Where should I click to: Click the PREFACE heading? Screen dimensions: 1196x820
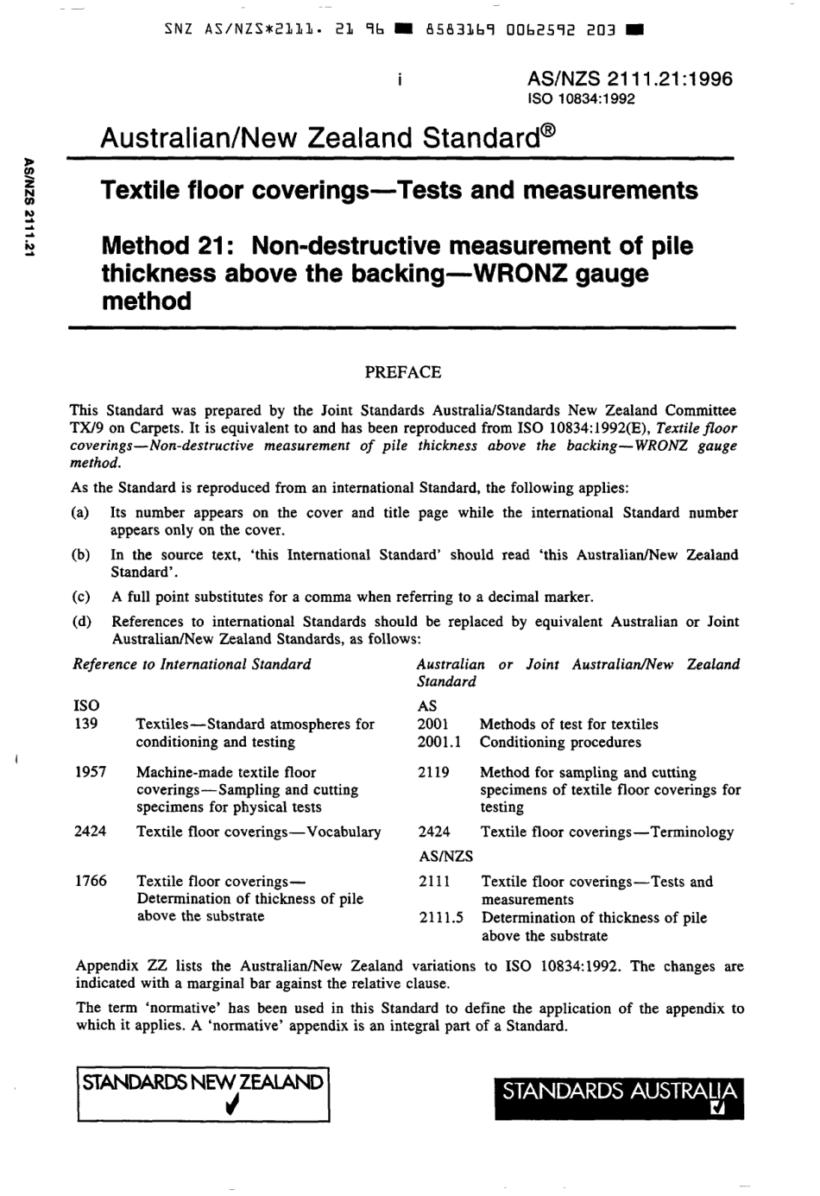click(402, 372)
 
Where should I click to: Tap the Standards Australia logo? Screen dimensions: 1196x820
click(619, 1098)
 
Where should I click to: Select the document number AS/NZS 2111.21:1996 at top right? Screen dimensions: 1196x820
click(629, 79)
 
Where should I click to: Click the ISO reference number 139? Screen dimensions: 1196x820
click(86, 724)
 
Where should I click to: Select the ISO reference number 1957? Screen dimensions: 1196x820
click(91, 772)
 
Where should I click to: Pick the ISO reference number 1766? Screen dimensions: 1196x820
click(91, 881)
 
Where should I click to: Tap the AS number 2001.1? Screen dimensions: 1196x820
click(438, 742)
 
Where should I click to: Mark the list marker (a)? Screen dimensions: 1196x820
click(79, 513)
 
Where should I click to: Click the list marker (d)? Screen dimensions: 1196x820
click(79, 622)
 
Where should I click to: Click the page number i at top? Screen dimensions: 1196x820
click(400, 79)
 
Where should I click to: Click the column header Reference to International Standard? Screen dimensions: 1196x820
click(192, 664)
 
